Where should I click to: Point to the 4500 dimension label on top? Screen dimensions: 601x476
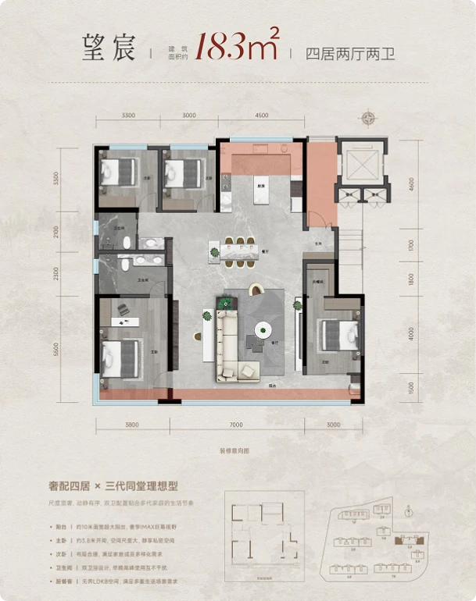click(x=263, y=116)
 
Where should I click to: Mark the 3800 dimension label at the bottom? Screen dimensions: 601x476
click(x=131, y=425)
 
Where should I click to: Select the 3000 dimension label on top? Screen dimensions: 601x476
click(x=188, y=116)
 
